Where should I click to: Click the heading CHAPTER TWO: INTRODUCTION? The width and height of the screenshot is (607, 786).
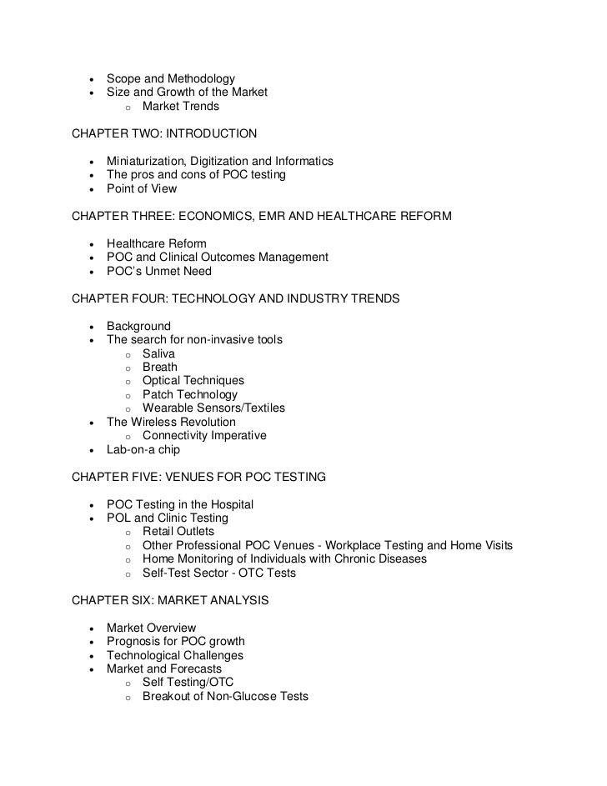coord(164,133)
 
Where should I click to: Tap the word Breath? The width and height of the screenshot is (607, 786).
coord(160,367)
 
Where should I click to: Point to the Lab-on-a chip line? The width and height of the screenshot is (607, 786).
coord(143,449)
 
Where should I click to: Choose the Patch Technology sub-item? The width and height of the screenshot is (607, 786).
coord(189,394)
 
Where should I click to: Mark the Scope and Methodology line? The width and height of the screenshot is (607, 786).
coord(170,79)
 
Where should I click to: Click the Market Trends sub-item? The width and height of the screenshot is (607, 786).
coord(180,107)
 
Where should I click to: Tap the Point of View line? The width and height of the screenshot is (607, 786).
coord(142,188)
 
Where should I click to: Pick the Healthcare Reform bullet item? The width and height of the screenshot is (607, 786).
coord(156,243)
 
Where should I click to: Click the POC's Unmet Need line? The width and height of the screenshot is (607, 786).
coord(159,271)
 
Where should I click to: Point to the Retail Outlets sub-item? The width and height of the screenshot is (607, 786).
coord(178,531)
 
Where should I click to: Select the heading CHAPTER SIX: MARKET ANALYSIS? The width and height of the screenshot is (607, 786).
coord(170,600)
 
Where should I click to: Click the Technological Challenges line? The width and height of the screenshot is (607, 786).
coord(175,655)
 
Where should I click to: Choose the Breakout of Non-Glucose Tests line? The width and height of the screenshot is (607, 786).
coord(225,696)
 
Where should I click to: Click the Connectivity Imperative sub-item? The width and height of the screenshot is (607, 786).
coord(204,435)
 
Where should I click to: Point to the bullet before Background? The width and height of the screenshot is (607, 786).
coord(89,327)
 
